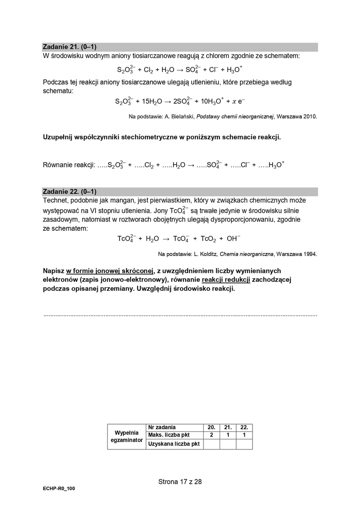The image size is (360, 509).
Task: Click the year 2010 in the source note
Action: point(310,117)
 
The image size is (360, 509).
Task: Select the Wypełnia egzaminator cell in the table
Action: point(126,436)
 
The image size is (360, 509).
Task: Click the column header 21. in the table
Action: point(228,428)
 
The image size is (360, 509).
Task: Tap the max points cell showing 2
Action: point(211,435)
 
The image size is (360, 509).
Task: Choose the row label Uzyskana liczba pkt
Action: point(174,444)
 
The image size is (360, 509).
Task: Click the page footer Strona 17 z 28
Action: point(180,482)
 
